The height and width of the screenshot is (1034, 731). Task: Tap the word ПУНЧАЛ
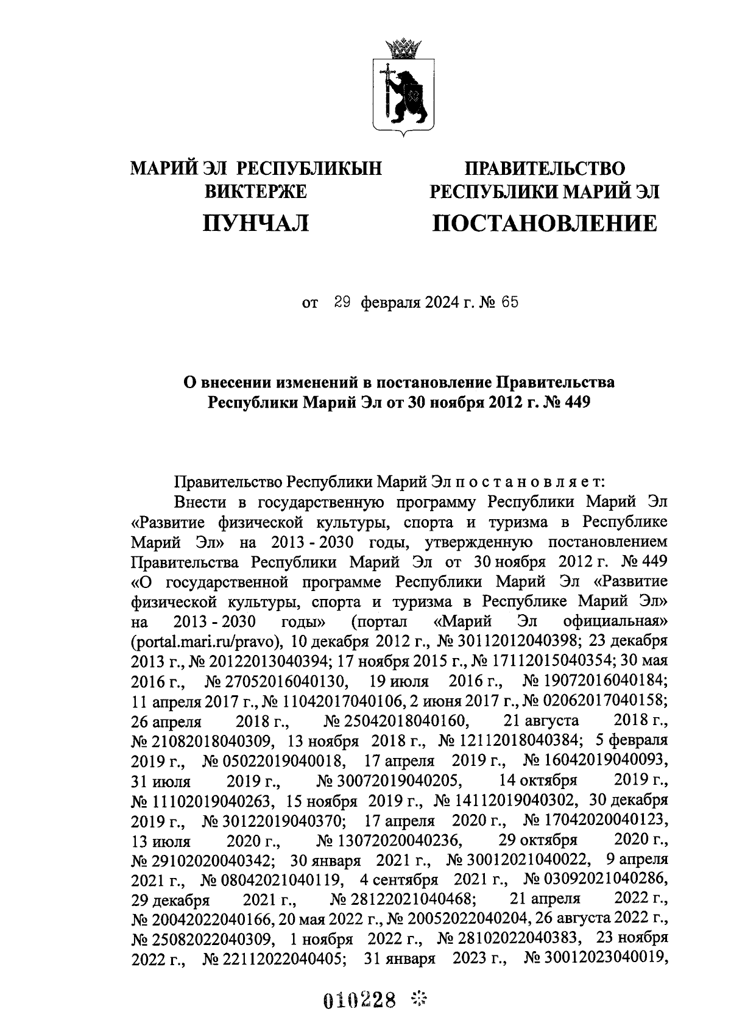pos(256,224)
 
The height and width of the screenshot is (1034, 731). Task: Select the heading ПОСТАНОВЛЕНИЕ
pos(545,224)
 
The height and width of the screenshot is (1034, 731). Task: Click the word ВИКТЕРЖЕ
pos(256,192)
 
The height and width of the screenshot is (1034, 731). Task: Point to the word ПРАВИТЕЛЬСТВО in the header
pos(545,168)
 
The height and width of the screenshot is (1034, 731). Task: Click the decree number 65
pos(510,302)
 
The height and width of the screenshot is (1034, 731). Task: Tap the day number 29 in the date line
pos(341,302)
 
